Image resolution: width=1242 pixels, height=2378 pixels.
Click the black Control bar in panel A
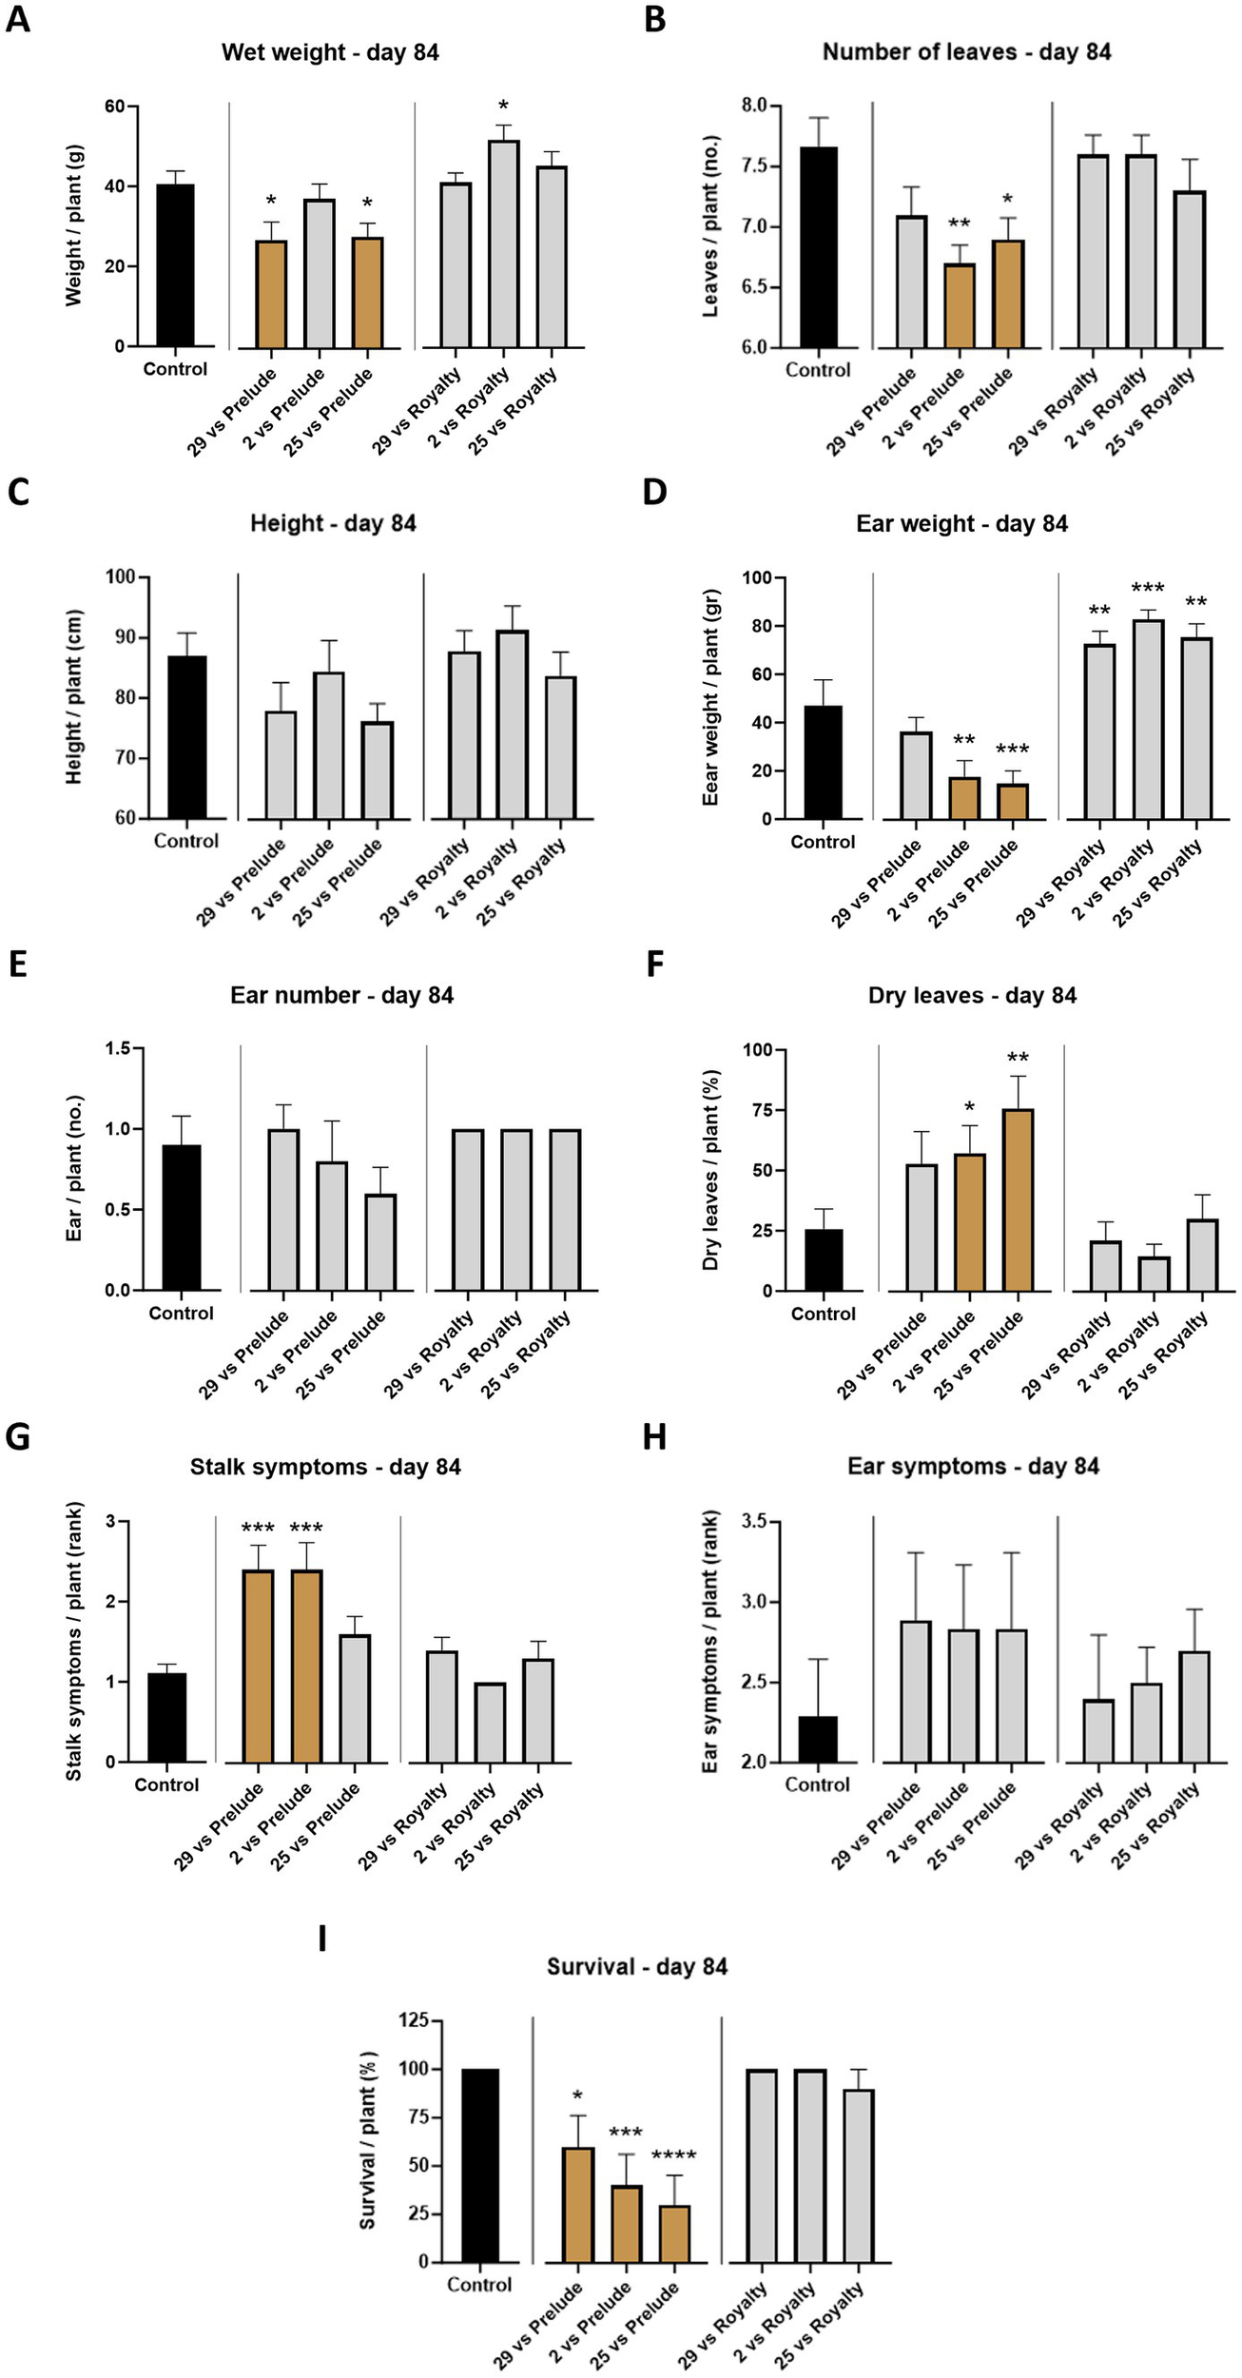175,265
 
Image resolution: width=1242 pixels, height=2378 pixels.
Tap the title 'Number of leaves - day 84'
966,52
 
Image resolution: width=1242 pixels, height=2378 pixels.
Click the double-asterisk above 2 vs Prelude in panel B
959,224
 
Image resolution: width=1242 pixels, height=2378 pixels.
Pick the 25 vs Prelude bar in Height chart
377,770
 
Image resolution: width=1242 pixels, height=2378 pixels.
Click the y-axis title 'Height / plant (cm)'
74,697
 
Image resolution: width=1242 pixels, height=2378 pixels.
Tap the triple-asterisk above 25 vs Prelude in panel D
1012,750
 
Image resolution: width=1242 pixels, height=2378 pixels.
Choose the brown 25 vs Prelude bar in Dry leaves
1018,1199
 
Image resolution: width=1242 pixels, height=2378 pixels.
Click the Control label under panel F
823,1314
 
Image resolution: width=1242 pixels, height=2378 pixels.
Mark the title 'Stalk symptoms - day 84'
325,1467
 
